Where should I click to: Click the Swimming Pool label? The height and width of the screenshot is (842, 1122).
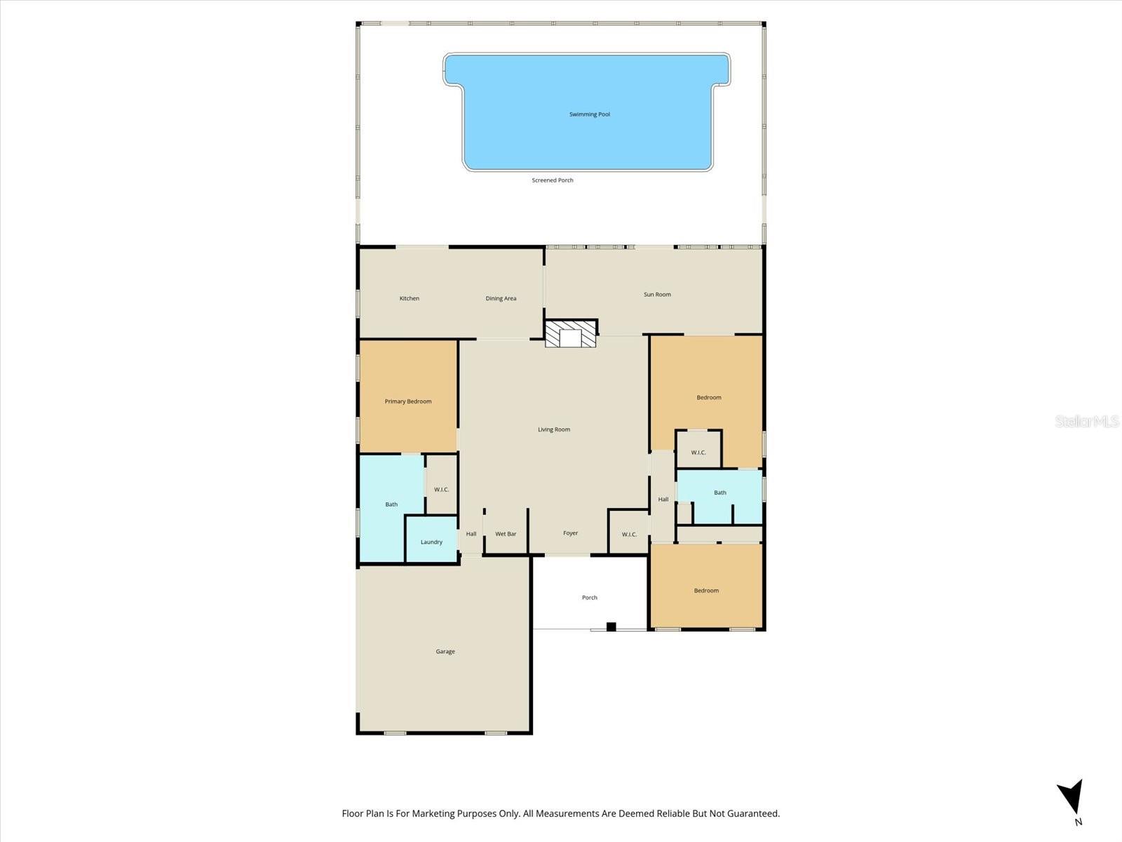point(589,114)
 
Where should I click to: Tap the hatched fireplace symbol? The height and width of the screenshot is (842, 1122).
point(571,334)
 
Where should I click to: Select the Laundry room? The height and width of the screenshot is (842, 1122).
point(431,542)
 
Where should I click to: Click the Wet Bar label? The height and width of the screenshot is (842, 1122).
point(506,534)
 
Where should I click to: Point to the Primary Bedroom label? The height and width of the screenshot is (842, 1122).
point(408,401)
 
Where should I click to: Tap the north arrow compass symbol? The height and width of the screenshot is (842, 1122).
point(1072,798)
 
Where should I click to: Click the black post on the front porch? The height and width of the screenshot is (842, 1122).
point(611,627)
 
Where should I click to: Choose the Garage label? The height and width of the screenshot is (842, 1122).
point(445,652)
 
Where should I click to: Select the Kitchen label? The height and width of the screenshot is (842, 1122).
point(410,299)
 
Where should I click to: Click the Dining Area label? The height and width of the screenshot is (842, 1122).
point(501,299)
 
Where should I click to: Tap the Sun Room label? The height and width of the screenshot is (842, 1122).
point(657,295)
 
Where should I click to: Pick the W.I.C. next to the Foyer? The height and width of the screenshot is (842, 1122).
point(629,535)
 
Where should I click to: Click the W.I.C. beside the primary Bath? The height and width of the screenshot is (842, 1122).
point(441,490)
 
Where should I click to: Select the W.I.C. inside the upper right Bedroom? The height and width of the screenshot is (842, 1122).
point(698,453)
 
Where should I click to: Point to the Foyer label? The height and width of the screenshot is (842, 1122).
point(570,533)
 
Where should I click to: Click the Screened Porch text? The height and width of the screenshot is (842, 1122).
point(553,180)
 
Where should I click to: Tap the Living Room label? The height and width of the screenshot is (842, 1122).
point(554,429)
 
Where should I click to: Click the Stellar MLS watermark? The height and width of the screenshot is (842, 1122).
point(1087,421)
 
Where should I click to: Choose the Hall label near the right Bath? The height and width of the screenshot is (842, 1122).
point(663,500)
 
